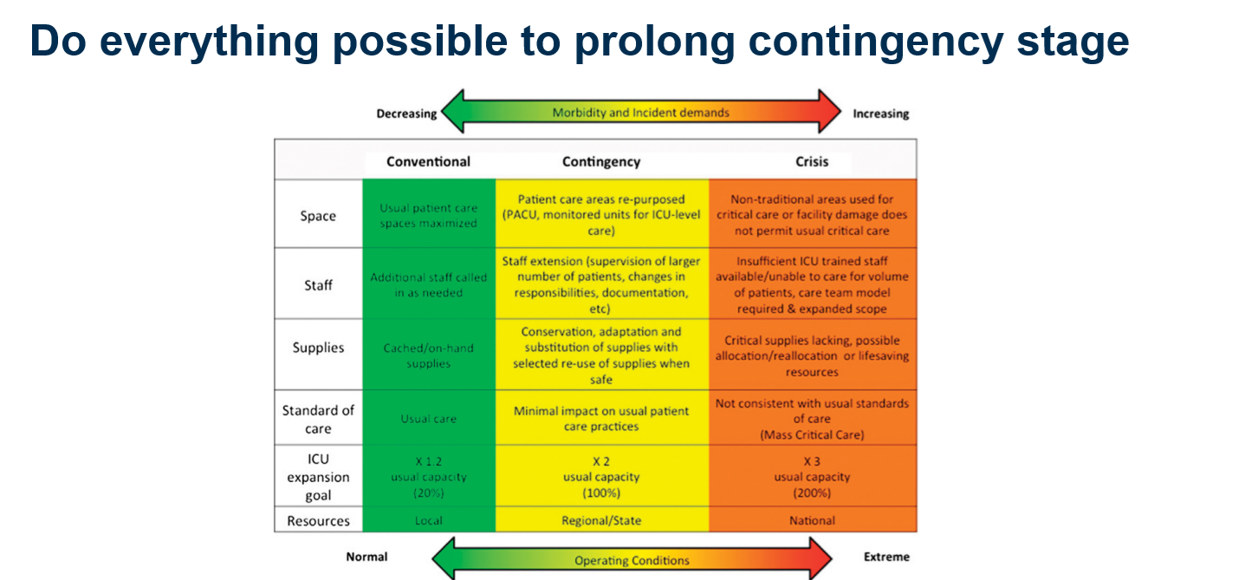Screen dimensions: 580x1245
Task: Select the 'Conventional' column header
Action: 428,161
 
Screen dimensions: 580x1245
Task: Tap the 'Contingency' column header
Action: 601,161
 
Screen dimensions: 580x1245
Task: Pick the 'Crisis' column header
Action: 812,161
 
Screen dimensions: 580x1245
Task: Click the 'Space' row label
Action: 318,216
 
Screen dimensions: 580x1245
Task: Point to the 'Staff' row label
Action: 318,284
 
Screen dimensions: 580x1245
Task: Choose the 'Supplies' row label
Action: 318,348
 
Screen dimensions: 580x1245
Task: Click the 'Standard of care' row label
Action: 318,419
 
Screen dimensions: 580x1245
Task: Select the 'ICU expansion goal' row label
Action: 318,477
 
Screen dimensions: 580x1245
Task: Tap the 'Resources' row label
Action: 318,521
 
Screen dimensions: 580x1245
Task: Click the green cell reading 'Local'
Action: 428,521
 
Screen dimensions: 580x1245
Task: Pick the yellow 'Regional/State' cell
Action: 601,521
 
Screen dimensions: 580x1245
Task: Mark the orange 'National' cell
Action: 812,521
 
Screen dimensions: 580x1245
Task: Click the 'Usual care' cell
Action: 428,419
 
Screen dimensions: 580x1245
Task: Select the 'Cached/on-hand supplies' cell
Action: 428,355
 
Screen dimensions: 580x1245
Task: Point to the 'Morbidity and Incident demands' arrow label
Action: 640,112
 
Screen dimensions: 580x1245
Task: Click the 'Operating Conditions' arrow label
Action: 632,560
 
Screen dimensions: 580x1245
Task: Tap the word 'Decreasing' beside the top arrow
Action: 406,114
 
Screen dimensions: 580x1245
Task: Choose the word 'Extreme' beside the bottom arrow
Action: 886,557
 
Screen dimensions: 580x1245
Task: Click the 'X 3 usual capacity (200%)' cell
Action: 812,477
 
